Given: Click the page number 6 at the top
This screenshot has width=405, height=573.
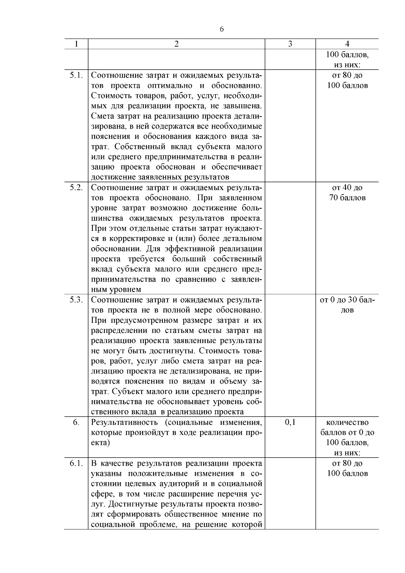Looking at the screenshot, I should click(222, 29).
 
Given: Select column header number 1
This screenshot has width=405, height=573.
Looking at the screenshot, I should click(76, 44).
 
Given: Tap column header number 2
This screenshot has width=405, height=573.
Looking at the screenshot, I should click(177, 44).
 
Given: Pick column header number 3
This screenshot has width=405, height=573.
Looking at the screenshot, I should click(290, 44).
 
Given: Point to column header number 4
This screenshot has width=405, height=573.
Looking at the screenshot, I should click(347, 44).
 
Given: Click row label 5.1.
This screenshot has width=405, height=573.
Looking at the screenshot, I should click(76, 75).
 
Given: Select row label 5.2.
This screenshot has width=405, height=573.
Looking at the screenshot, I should click(76, 187).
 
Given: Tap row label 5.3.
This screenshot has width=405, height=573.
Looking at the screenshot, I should click(76, 300).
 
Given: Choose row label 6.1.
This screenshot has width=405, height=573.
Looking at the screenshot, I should click(76, 463).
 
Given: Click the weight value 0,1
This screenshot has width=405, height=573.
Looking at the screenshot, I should click(290, 422).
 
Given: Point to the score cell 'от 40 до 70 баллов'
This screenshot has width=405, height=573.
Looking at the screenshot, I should click(347, 192).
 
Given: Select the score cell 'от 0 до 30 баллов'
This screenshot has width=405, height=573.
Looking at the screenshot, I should click(347, 305).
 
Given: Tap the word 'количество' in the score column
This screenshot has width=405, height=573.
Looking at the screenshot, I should click(347, 422).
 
